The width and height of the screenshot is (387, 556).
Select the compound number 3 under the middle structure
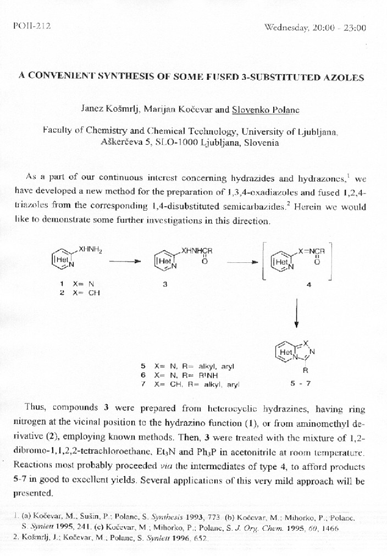pyautogui.click(x=165, y=284)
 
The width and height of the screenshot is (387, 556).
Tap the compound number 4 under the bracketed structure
pyautogui.click(x=308, y=284)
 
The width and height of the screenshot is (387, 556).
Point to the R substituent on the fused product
pyautogui.click(x=297, y=371)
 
